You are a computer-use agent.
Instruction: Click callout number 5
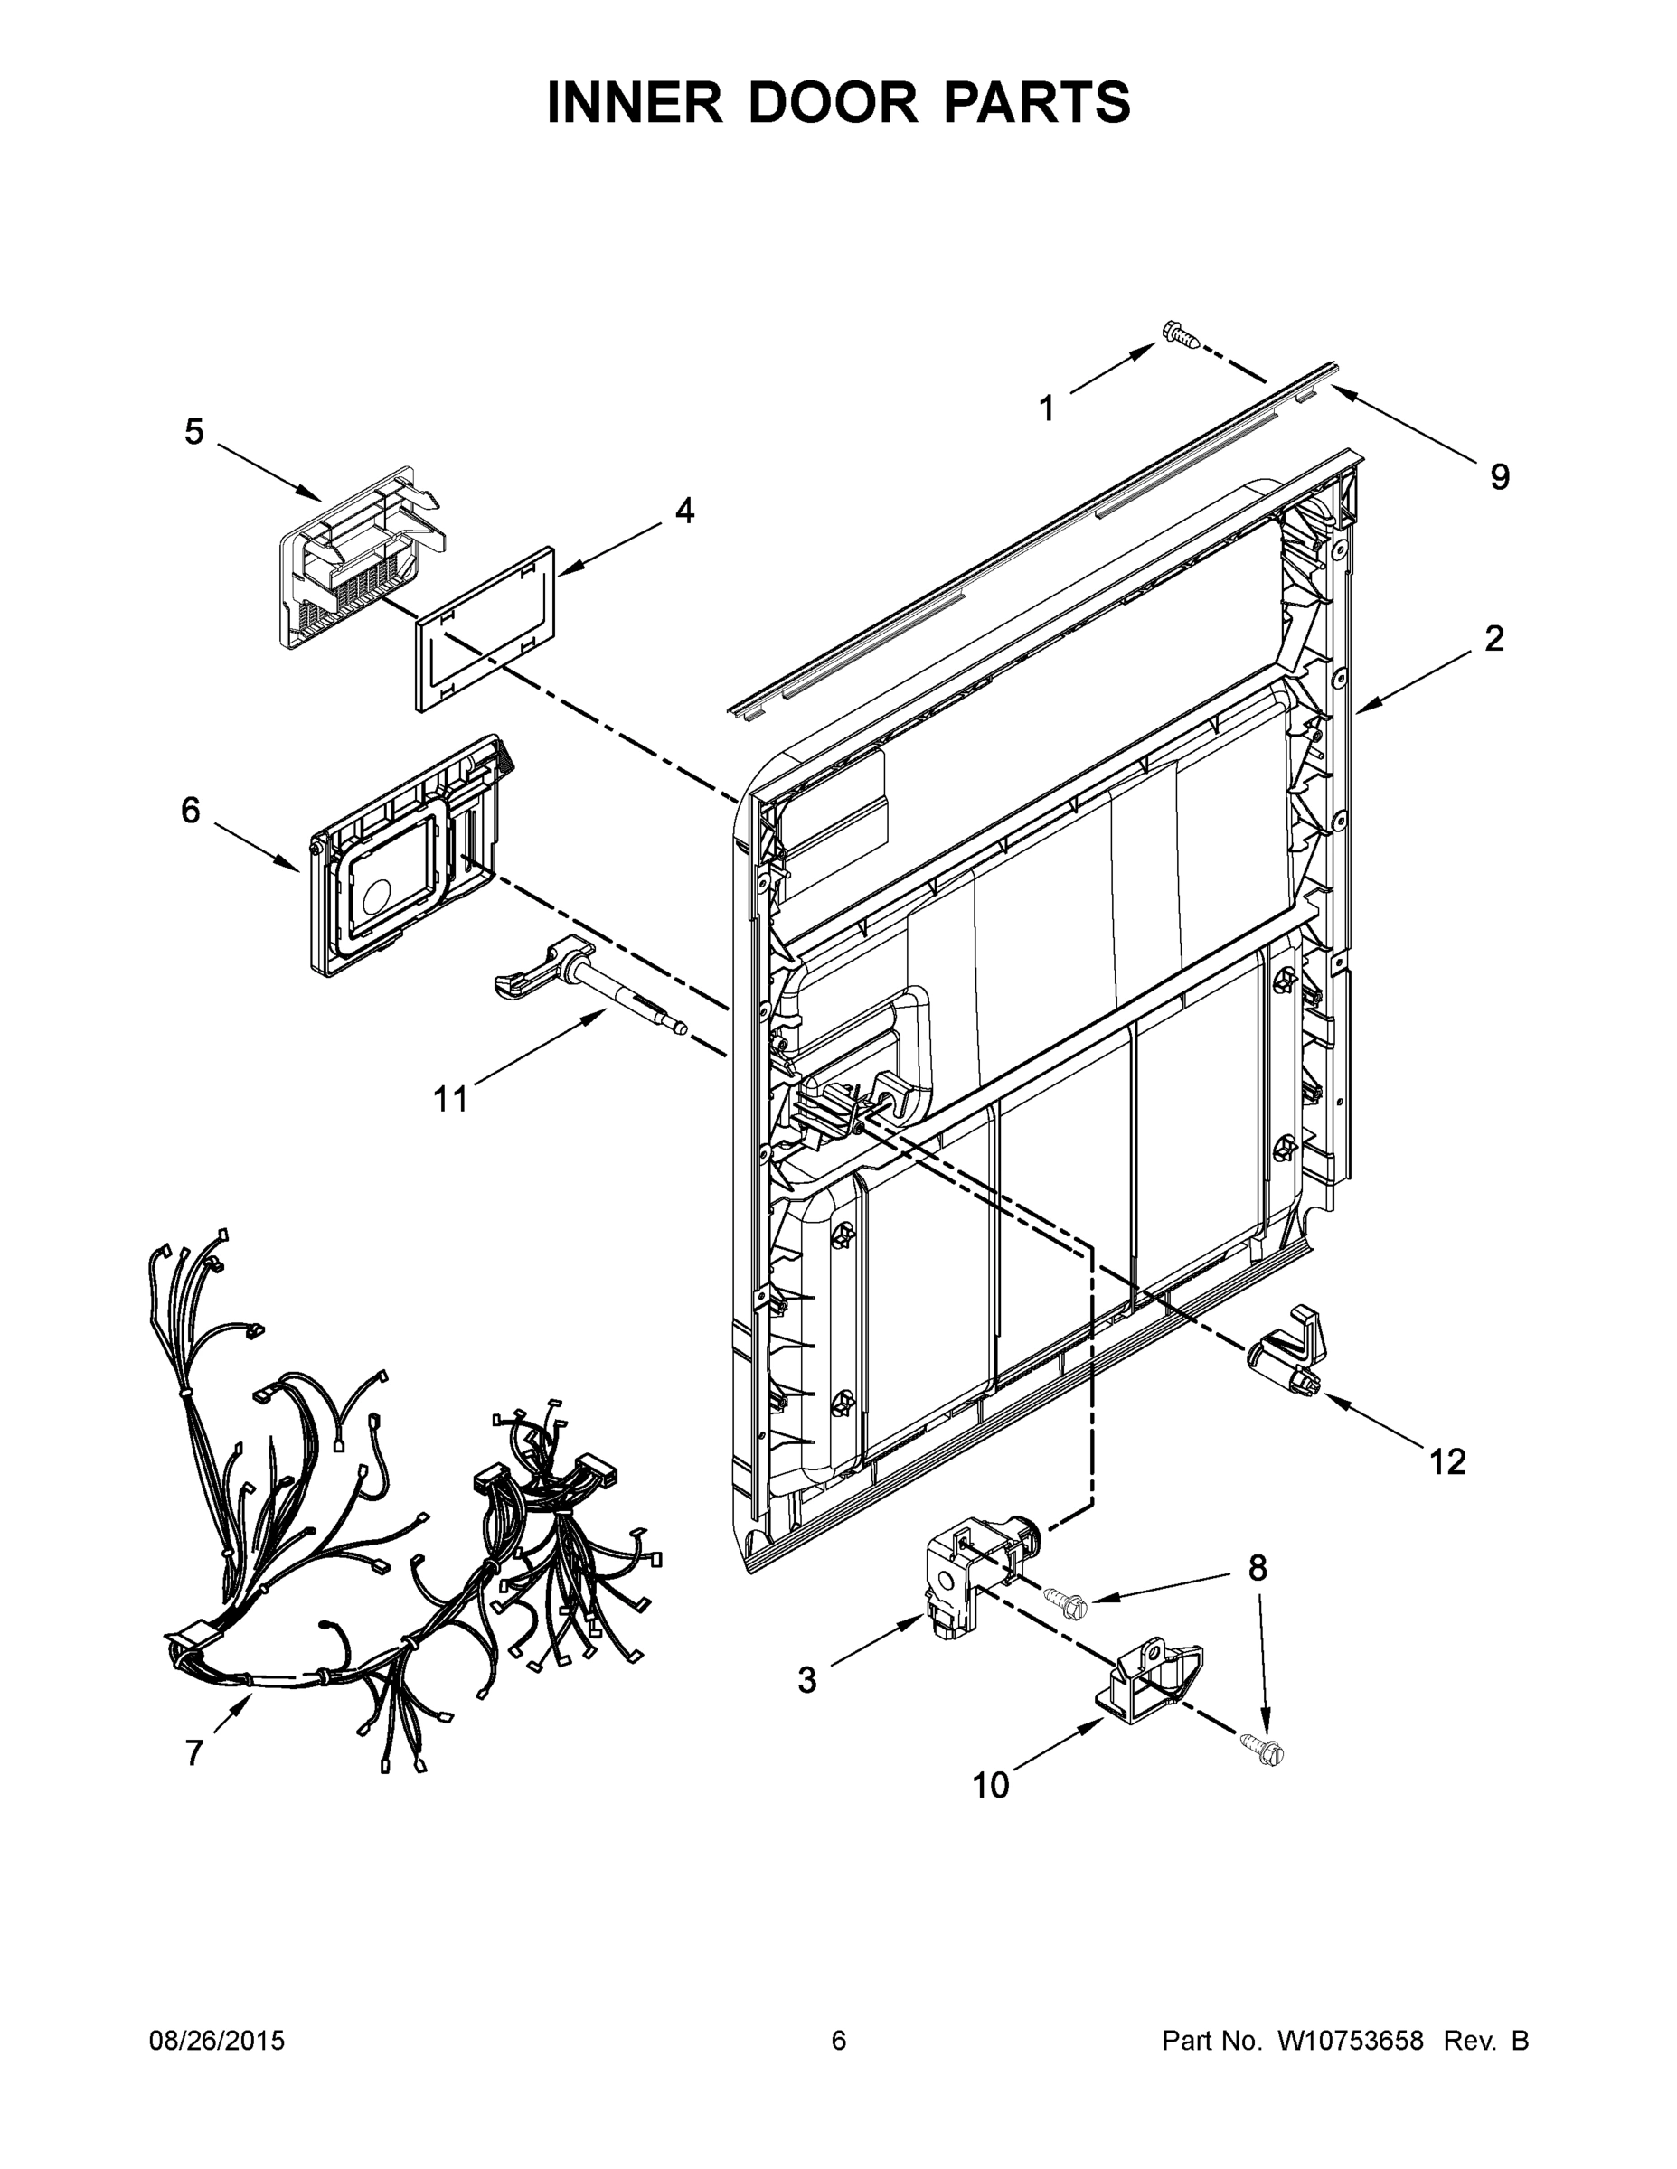coord(193,432)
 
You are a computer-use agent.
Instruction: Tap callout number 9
coord(1499,478)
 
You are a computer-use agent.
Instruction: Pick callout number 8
coord(1258,1568)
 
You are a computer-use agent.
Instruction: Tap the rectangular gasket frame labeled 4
coord(484,629)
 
